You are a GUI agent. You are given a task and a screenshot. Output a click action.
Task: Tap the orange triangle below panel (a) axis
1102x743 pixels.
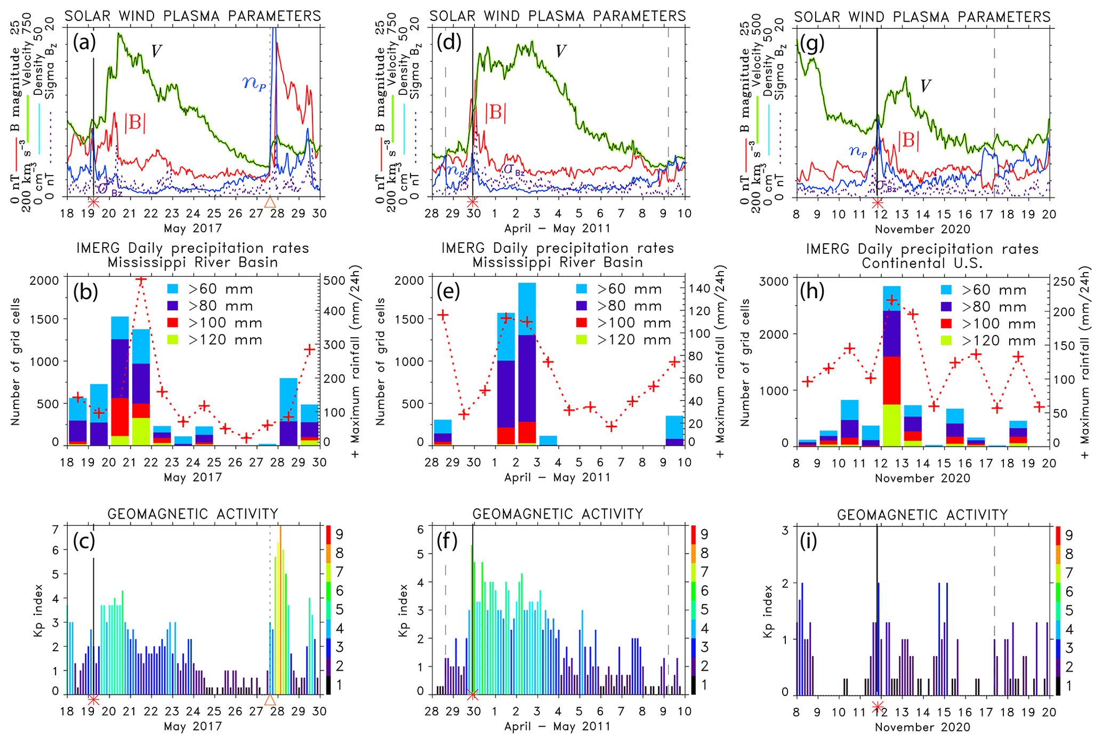(270, 202)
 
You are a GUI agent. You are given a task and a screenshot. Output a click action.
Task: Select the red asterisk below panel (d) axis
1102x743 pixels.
(473, 202)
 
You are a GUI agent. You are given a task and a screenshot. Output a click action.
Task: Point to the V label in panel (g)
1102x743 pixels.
(926, 86)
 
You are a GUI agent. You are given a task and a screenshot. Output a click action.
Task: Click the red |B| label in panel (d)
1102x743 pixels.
(496, 113)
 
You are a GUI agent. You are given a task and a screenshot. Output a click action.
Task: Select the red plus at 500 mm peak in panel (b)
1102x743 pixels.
(141, 280)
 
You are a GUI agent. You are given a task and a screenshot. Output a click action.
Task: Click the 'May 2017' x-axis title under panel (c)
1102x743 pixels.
(192, 726)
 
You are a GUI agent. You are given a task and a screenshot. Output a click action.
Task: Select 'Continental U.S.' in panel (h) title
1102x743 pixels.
(922, 263)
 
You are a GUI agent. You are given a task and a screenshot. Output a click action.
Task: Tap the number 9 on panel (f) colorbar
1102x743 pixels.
(704, 534)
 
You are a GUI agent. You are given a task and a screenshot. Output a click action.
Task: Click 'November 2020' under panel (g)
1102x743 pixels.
(922, 229)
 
